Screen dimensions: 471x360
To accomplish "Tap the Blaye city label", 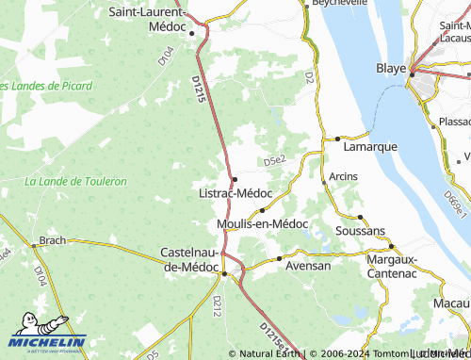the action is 392,69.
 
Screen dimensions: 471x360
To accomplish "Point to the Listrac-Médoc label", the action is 235,192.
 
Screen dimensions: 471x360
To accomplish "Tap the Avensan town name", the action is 308,266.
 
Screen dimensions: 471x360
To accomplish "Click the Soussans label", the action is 360,230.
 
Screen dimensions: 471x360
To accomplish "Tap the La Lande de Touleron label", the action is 75,181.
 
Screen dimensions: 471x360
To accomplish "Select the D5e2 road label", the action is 274,161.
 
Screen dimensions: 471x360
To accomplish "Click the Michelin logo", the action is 44,335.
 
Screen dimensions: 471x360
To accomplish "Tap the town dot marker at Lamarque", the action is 337,139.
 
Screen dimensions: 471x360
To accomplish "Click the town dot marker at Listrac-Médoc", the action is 235,179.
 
